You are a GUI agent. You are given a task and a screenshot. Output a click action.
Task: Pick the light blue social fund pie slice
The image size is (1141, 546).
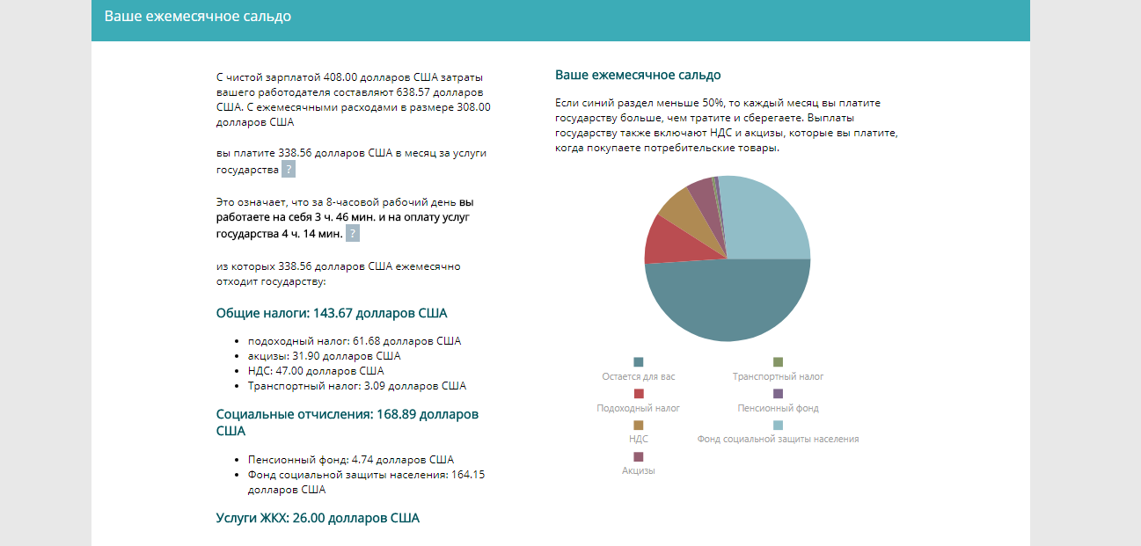tap(764, 219)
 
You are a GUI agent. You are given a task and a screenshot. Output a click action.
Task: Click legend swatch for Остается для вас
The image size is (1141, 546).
tap(639, 361)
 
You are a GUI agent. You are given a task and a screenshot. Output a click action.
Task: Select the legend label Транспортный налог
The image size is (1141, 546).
tap(778, 376)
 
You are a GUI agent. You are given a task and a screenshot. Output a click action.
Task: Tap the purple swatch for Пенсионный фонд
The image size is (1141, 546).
tap(778, 393)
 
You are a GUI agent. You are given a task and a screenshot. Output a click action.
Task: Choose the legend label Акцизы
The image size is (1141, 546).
tap(639, 470)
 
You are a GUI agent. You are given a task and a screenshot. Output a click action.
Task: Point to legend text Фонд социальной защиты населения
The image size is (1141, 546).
tap(778, 439)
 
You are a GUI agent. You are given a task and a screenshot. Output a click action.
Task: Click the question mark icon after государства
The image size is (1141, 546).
tap(289, 169)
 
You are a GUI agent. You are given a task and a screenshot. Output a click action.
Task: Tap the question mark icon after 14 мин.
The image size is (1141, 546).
tap(353, 234)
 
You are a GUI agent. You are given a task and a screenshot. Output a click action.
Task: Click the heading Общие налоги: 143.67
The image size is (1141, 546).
tap(332, 313)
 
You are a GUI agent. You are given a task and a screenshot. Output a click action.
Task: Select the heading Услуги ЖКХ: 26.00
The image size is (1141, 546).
tap(318, 518)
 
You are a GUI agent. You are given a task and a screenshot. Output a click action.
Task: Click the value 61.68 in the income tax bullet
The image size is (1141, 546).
tap(366, 341)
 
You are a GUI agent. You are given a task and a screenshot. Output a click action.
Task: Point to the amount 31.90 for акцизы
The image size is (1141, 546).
tap(306, 356)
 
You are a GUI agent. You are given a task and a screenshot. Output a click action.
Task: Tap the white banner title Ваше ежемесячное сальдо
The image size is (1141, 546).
tap(198, 17)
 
